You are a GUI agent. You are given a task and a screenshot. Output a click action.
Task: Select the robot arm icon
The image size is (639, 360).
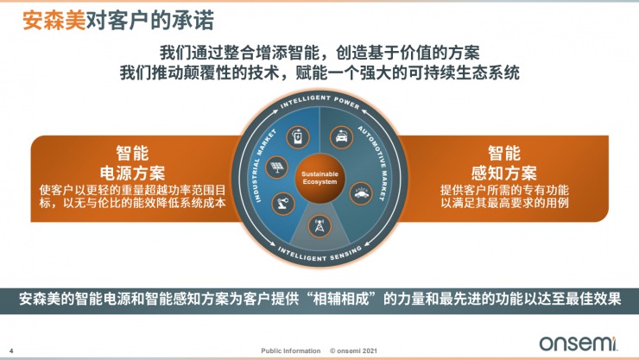coord(285,204)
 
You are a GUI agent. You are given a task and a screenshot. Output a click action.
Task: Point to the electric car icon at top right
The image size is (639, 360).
coord(338,136)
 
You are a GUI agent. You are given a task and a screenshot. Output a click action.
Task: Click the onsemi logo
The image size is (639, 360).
coord(579,343)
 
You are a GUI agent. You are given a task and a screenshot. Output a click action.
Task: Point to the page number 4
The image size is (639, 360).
coord(22,350)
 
